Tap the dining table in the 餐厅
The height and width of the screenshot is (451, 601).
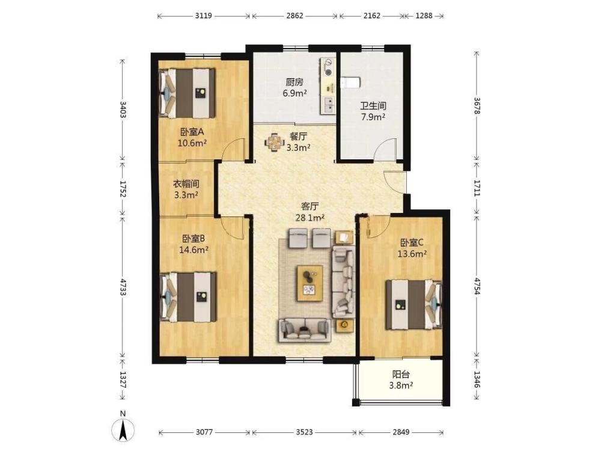[x=273, y=143]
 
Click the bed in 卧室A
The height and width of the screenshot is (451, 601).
[x=187, y=93]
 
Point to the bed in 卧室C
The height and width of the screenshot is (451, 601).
[x=413, y=304]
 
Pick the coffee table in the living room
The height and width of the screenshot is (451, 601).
[x=310, y=283]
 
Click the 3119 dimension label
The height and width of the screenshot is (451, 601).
[x=204, y=16]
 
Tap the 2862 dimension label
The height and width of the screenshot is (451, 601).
[x=294, y=16]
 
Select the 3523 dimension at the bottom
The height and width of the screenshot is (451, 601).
[x=304, y=432]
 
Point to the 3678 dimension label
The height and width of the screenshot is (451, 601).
[x=477, y=105]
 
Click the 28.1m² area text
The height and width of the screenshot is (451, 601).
[x=310, y=218]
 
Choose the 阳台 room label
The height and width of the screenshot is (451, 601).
[x=401, y=374]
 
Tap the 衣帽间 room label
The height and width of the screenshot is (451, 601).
[x=186, y=183]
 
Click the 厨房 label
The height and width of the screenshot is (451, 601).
[x=294, y=82]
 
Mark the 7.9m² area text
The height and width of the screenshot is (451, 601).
[x=373, y=117]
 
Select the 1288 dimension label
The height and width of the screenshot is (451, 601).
[x=424, y=16]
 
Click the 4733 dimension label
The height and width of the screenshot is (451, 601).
[x=123, y=286]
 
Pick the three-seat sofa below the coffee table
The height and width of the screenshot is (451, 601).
[x=305, y=329]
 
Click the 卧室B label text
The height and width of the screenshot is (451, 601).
[x=193, y=239]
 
